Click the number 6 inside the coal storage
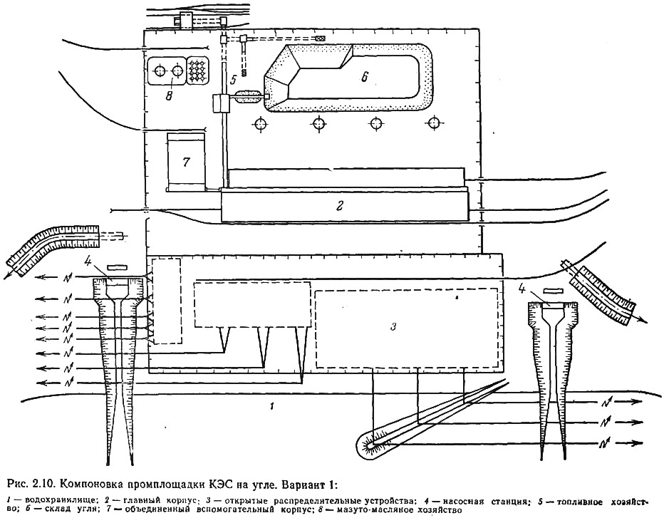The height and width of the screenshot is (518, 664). pos(365,76)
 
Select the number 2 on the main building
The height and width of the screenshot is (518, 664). pos(339,206)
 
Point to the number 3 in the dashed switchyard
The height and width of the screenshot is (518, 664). pos(393,326)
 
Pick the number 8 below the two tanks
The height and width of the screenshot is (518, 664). pos(169,97)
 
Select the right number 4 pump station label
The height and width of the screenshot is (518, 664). pos(522,290)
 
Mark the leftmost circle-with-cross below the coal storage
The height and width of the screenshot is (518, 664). pos(260,124)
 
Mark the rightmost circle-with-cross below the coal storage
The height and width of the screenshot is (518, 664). pos(433,123)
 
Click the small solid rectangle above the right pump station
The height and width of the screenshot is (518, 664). pos(553,291)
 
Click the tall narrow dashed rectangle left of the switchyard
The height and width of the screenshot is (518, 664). pos(167,301)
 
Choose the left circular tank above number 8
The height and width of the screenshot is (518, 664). pos(160,71)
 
